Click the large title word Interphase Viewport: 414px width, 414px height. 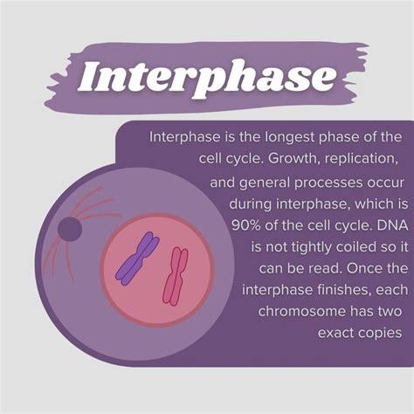(x=207, y=77)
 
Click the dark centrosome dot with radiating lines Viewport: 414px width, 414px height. (x=68, y=230)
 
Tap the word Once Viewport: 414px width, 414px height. (x=352, y=267)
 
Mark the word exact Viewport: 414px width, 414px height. (x=335, y=333)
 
